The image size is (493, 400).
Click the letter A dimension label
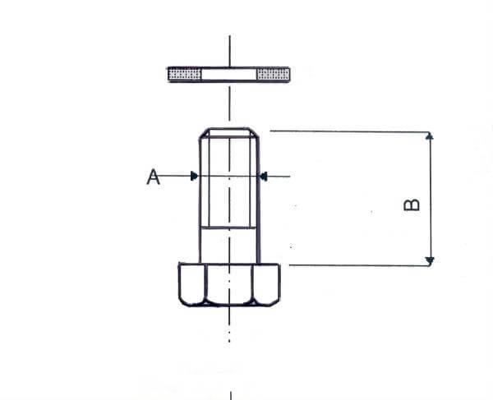click(x=153, y=176)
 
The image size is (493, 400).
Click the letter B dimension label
click(x=413, y=203)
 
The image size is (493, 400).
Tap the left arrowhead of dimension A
click(x=193, y=175)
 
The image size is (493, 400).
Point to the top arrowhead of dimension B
click(x=429, y=136)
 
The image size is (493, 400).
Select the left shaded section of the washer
click(x=185, y=75)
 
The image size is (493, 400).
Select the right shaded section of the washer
click(x=274, y=75)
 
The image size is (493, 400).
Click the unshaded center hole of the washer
click(x=229, y=75)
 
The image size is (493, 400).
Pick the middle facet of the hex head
click(x=229, y=284)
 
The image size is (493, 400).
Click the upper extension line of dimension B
click(x=345, y=131)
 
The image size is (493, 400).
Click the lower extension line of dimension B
click(x=353, y=265)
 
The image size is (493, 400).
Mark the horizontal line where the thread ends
click(x=229, y=228)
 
